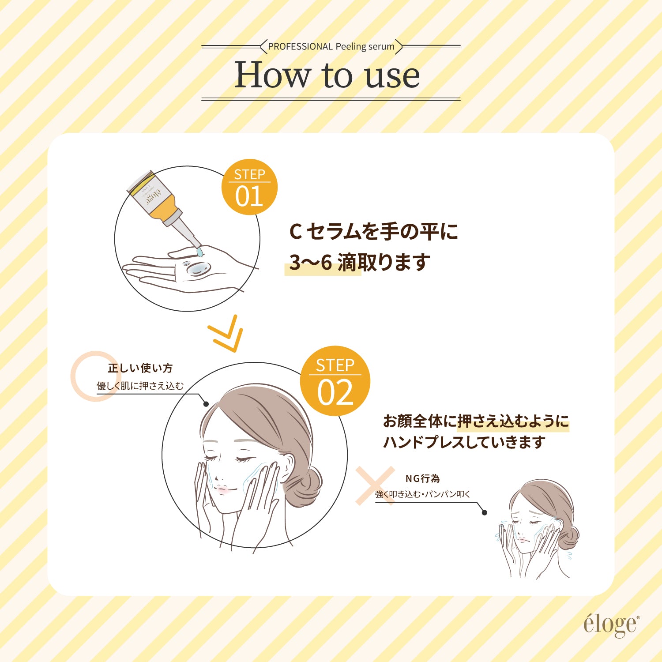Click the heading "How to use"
tap(327, 75)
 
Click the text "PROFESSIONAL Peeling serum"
tap(331, 46)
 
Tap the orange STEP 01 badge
tap(249, 187)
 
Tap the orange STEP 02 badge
tap(335, 381)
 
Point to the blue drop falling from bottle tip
tap(200, 252)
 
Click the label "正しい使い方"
tap(140, 368)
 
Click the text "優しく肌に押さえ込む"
tap(140, 386)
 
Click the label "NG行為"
tap(422, 478)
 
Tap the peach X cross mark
tap(375, 486)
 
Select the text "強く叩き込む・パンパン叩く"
tap(422, 494)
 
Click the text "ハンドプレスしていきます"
tap(464, 442)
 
